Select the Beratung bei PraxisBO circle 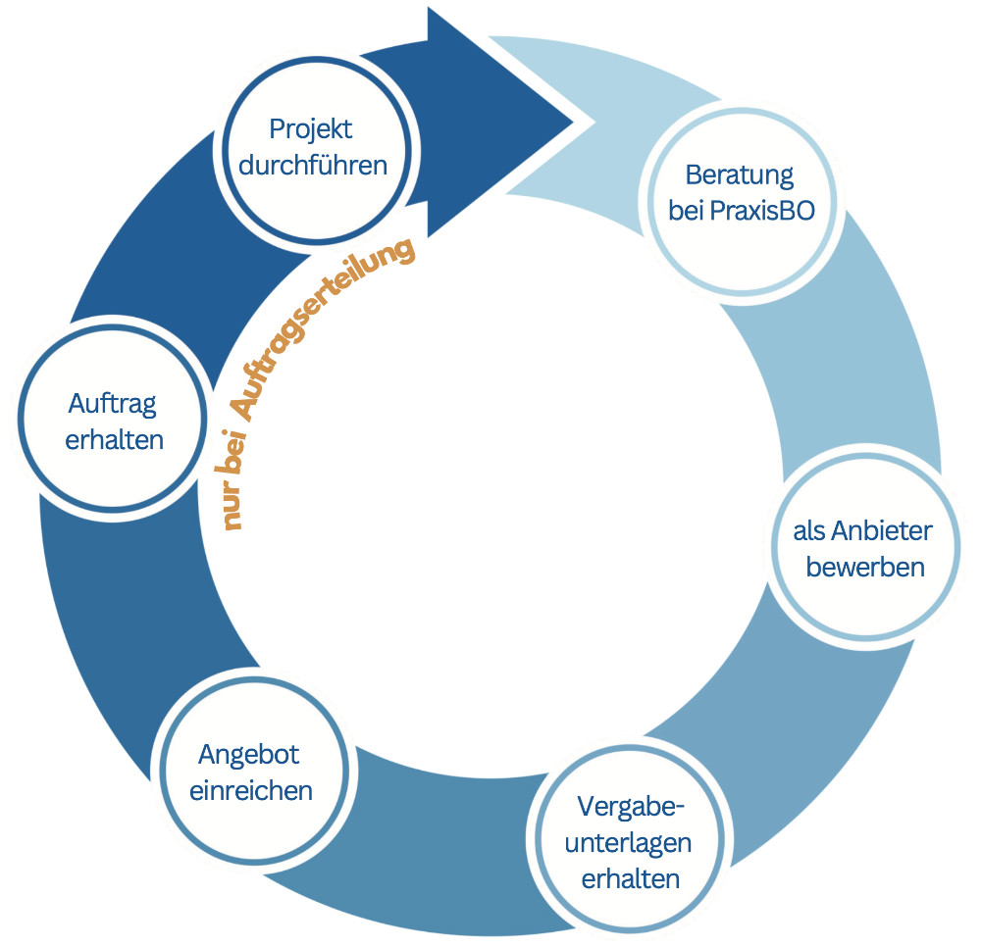click(x=741, y=193)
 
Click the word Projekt click(x=310, y=128)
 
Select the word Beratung click(x=739, y=175)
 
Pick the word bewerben click(x=865, y=567)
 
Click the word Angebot click(x=248, y=755)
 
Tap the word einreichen click(x=250, y=791)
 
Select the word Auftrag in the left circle click(x=113, y=402)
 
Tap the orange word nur click(x=232, y=508)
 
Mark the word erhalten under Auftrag click(x=114, y=439)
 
